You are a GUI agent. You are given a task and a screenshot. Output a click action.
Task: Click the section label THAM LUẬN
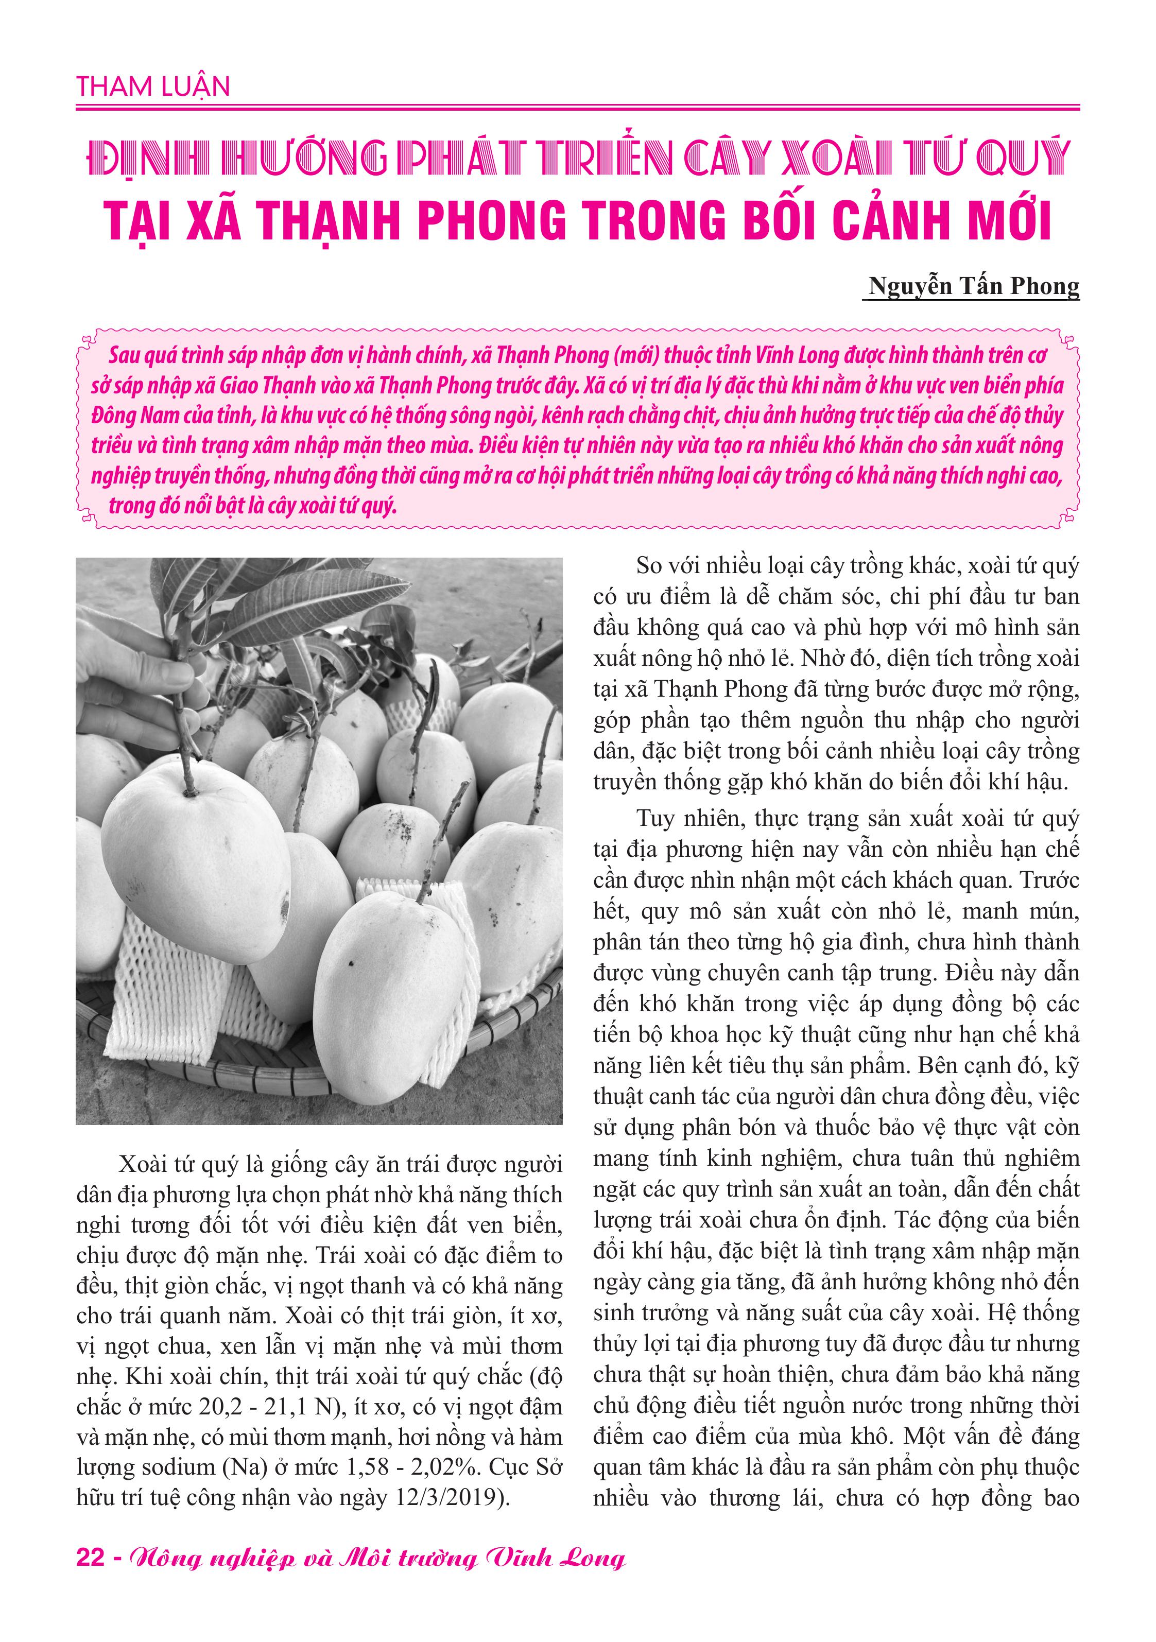pyautogui.click(x=153, y=87)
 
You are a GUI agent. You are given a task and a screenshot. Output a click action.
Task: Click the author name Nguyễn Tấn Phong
pyautogui.click(x=973, y=286)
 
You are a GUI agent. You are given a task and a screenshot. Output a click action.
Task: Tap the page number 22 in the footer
pyautogui.click(x=90, y=1577)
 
